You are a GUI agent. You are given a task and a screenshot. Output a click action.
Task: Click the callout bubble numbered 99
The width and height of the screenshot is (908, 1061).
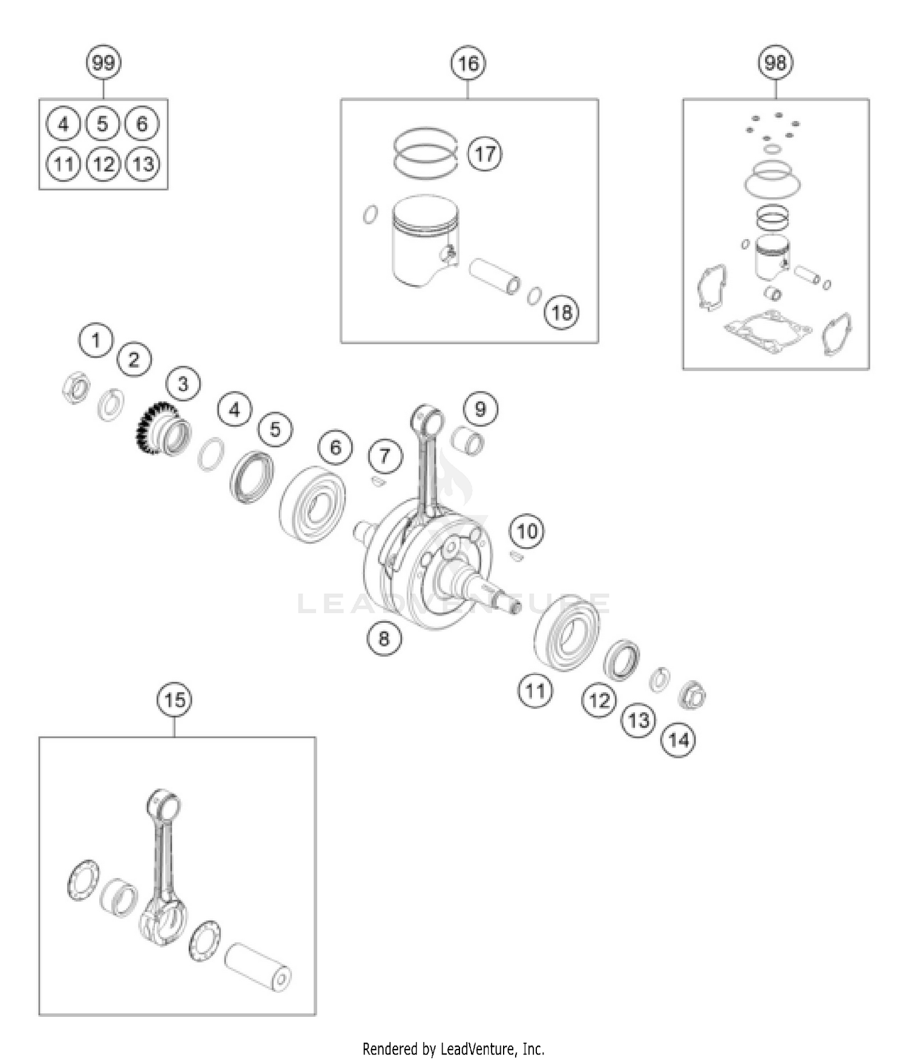tap(104, 63)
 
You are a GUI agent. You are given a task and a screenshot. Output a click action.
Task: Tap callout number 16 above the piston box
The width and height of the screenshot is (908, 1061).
tap(468, 63)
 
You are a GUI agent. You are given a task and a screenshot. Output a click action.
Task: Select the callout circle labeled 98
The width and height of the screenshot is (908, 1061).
tap(775, 62)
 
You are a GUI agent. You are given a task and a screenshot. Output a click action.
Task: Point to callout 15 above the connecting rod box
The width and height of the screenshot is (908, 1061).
tap(174, 700)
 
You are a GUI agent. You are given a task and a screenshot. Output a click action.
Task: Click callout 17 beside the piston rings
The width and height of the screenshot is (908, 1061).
tap(485, 154)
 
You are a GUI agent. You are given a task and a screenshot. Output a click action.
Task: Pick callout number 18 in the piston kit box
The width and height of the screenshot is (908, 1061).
tap(562, 312)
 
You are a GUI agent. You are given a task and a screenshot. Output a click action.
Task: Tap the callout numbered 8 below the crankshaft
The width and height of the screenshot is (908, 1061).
tap(384, 639)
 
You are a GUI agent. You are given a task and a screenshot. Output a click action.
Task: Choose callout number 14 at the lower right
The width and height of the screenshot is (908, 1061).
tap(678, 740)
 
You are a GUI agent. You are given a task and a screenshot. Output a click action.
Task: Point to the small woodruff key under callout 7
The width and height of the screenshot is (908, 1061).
tap(377, 482)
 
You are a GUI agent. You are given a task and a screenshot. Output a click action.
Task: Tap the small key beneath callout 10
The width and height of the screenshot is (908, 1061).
tap(516, 556)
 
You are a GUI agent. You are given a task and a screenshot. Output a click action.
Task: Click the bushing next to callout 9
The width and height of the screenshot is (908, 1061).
tap(470, 440)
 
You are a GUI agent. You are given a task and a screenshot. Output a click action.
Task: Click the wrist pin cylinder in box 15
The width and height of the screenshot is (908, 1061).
tap(258, 967)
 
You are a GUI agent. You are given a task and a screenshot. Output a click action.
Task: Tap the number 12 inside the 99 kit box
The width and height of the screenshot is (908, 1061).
tap(104, 164)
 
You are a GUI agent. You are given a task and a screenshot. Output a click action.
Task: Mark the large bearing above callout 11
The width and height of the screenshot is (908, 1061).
tap(567, 632)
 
